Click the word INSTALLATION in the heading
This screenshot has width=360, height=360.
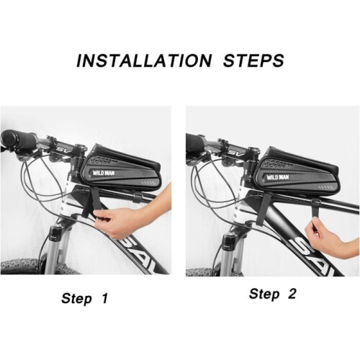pos(144,60)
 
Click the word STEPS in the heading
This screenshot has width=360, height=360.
pos(253,60)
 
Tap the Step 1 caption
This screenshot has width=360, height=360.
pos(84,299)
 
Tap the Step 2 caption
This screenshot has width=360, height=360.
pos(273,294)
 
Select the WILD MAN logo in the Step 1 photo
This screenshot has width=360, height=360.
pos(104,173)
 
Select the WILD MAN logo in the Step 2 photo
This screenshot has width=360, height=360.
pos(278,178)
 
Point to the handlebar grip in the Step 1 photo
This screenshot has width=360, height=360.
pos(19,140)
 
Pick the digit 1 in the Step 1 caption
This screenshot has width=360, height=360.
pos(104,298)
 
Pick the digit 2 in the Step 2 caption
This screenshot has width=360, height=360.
pos(292,293)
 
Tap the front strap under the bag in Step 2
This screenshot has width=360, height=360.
pos(266,205)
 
